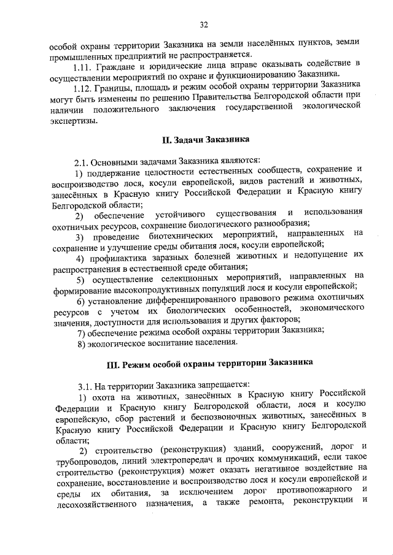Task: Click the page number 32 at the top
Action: [204, 25]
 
